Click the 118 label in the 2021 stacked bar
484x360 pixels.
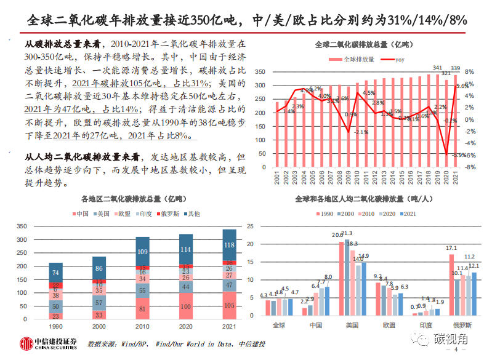click(229, 245)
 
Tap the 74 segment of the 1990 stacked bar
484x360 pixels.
click(56, 273)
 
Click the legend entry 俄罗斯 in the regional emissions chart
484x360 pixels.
click(167, 214)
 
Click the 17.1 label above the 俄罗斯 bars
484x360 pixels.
click(452, 248)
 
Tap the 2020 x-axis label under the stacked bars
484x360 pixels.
click(185, 327)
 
